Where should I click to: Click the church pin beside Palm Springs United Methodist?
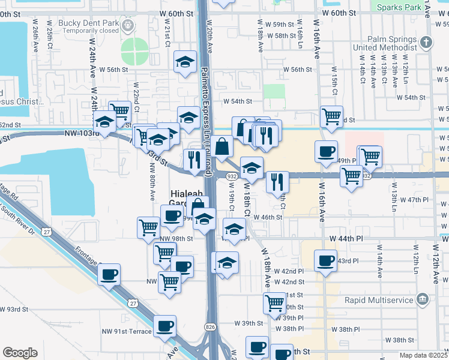(426, 43)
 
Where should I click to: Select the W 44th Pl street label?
(347, 238)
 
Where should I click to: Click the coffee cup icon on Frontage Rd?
(109, 275)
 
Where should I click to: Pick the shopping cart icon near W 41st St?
(274, 302)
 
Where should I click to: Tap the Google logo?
(20, 353)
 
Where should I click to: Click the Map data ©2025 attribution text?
(423, 355)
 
